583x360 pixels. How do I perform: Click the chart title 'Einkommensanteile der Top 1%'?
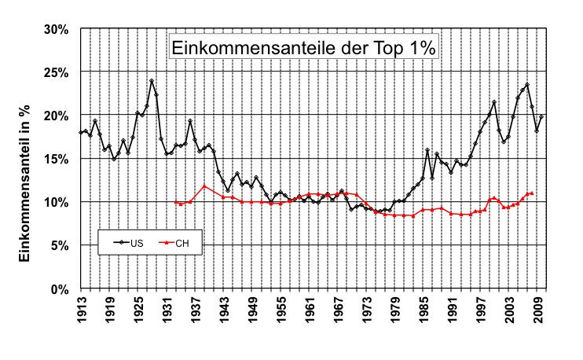point(302,47)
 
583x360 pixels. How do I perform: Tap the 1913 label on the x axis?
point(81,310)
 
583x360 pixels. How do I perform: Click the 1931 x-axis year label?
point(167,310)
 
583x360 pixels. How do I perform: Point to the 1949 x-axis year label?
point(254,310)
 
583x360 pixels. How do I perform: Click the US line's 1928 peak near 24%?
point(152,81)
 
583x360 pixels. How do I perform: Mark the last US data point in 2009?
point(541,116)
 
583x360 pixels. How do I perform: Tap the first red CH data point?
point(175,202)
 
